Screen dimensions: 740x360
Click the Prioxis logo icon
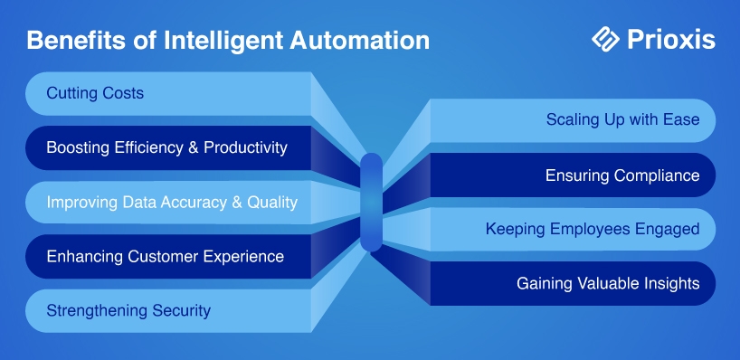coord(605,39)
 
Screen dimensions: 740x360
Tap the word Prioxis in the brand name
coord(671,40)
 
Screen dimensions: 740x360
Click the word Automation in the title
coord(360,40)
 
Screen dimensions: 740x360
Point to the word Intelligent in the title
coord(223,41)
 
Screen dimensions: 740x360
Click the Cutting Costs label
coord(95,93)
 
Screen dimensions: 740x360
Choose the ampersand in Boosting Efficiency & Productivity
coord(193,147)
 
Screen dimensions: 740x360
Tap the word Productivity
coord(245,148)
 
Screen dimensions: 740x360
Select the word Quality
coord(272,203)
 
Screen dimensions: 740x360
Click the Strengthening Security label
coord(128,311)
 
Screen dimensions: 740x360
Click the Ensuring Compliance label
coord(622,175)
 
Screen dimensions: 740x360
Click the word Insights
coord(671,283)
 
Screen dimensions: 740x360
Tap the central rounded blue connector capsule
coord(371,203)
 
